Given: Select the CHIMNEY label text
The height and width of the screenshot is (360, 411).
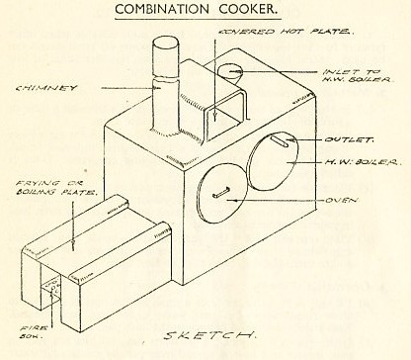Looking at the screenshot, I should [x=41, y=90].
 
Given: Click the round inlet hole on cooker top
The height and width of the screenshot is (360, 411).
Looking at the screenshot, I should [x=231, y=72].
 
